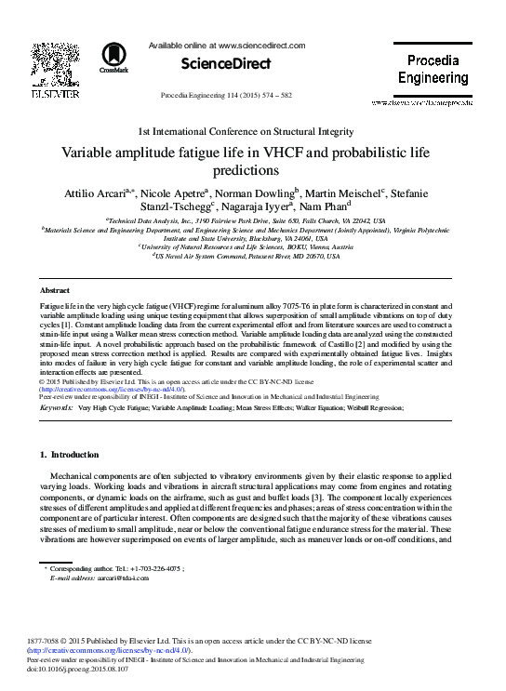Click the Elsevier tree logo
tap(61, 62)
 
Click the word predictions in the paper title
tap(252, 171)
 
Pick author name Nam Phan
tap(316, 206)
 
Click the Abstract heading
tap(56, 291)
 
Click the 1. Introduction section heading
tap(70, 455)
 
